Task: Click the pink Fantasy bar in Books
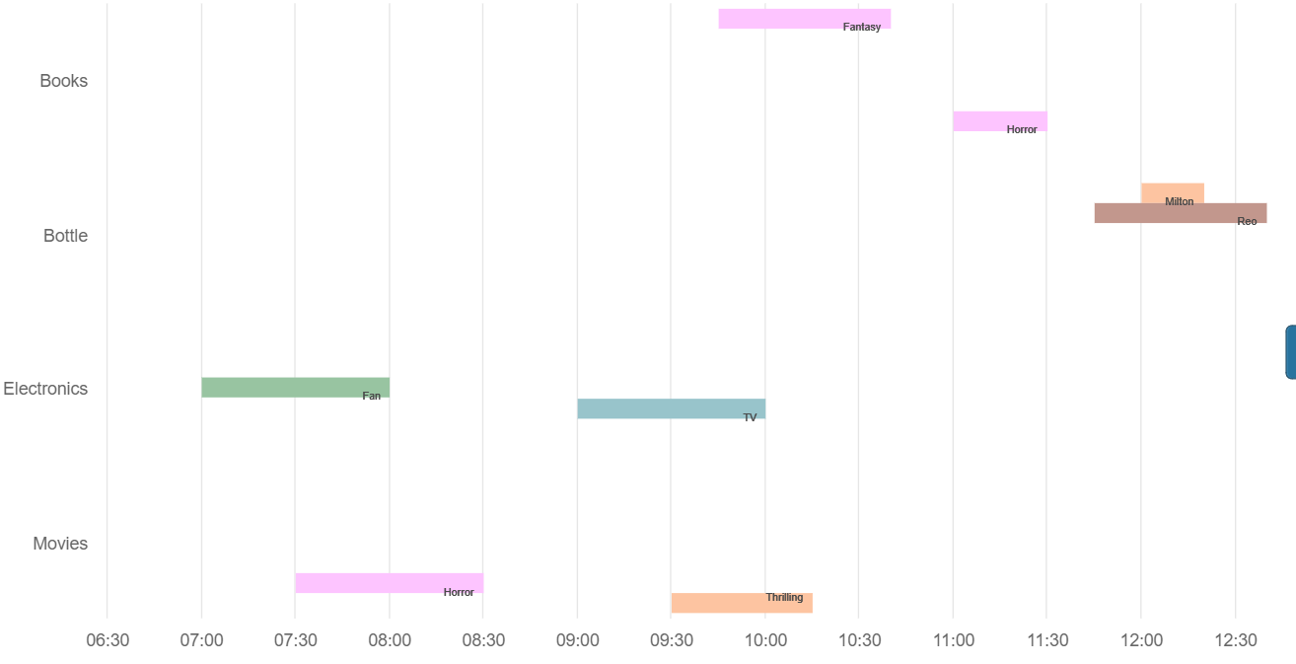pos(804,18)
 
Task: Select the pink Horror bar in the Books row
pos(999,120)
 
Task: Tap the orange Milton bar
pos(1172,193)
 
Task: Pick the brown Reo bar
pos(1180,213)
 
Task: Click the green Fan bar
pos(295,387)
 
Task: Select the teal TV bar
pos(671,408)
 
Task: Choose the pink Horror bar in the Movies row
pos(389,582)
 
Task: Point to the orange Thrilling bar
pos(741,603)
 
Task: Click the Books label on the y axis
pos(63,81)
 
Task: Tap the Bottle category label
pos(65,236)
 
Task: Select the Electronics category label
pos(45,389)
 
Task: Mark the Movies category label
pos(60,544)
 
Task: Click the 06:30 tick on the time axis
pos(108,640)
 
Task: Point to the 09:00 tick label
pos(577,640)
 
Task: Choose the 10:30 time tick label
pos(859,640)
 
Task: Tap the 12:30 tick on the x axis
pos(1236,640)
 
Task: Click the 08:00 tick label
pos(390,640)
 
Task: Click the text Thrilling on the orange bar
pos(784,597)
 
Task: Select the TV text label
pos(750,417)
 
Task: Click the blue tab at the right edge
pos(1290,352)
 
